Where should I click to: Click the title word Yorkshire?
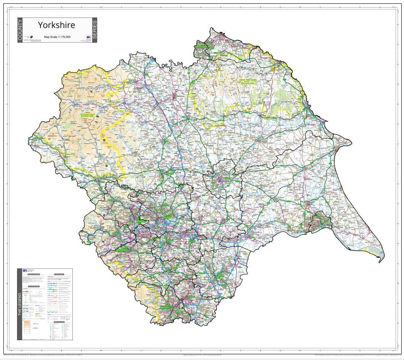coord(56,25)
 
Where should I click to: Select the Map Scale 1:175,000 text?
coord(57,37)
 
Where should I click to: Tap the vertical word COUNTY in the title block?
coord(21,30)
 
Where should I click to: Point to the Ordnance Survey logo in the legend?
coord(26,271)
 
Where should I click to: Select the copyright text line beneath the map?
coord(202,355)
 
